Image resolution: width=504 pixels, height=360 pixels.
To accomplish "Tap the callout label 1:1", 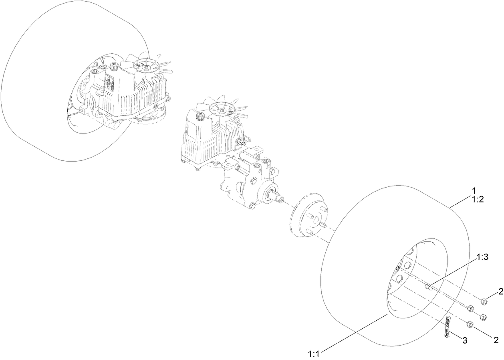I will [x=314, y=354].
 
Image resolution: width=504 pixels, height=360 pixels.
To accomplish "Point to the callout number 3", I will [x=465, y=341].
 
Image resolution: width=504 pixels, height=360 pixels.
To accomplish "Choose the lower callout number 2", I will [x=496, y=340].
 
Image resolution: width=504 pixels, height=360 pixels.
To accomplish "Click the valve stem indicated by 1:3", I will [x=428, y=286].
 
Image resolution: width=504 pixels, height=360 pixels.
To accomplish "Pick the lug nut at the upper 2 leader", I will [x=484, y=301].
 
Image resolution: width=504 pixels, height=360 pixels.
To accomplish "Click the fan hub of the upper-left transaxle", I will [x=143, y=63].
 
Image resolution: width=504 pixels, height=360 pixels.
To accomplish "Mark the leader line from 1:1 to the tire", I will [x=353, y=334].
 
